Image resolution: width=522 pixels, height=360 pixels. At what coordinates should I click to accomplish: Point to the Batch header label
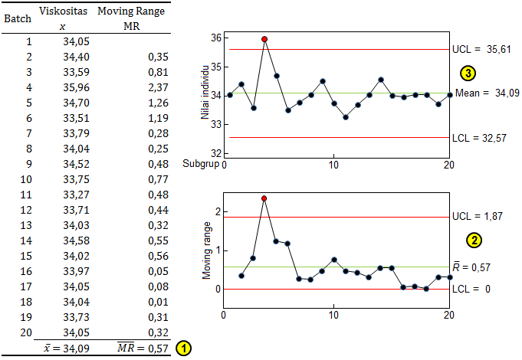pos(18,18)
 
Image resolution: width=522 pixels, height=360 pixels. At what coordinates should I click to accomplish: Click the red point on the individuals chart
pos(264,38)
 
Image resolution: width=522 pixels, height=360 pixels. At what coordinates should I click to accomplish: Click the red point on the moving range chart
pos(264,198)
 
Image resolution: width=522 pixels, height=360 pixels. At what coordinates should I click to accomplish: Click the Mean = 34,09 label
pos(488,93)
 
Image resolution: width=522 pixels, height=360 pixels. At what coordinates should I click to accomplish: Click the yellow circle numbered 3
pos(468,73)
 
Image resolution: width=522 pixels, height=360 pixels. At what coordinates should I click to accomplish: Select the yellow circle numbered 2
pos(475,240)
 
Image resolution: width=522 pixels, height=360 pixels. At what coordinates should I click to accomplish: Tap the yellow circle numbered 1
pos(185,348)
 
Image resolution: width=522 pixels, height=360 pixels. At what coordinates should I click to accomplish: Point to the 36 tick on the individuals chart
pos(216,38)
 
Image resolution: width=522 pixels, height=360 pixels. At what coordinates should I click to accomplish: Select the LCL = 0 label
pos(474,289)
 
